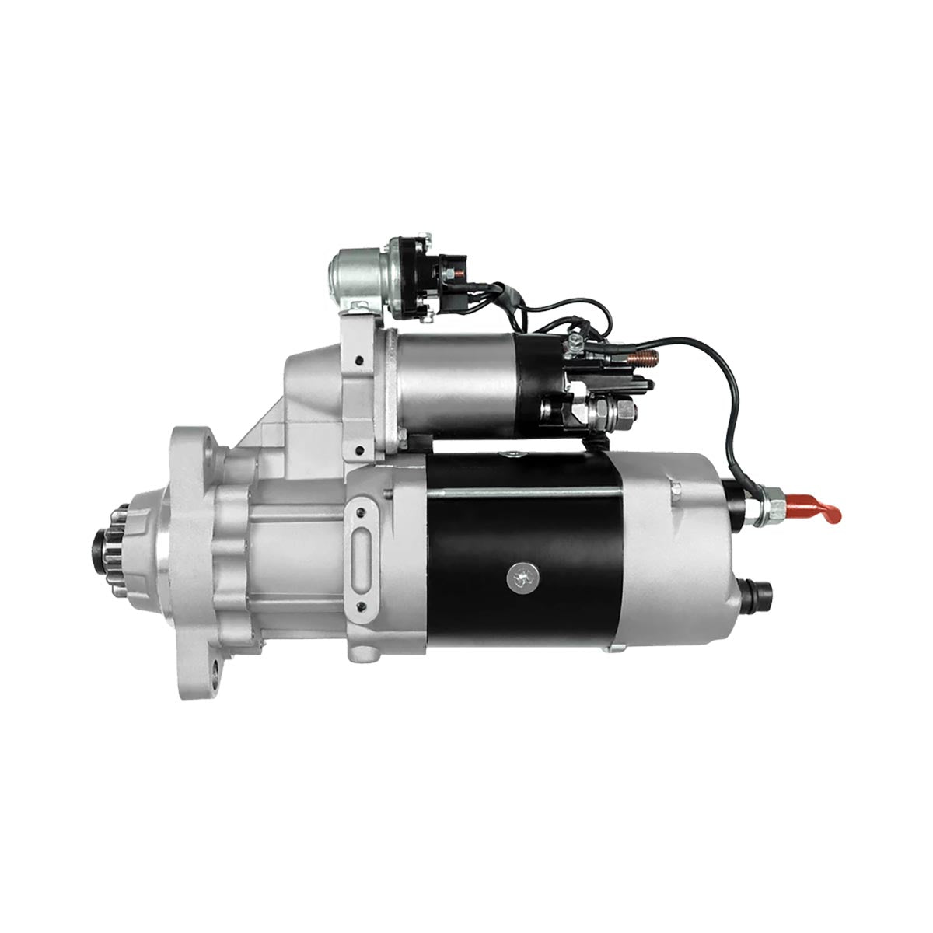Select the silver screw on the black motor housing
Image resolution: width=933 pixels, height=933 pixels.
tap(519, 576)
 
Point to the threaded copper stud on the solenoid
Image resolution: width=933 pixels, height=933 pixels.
tap(642, 358)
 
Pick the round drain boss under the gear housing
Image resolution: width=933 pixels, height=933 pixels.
tap(362, 653)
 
